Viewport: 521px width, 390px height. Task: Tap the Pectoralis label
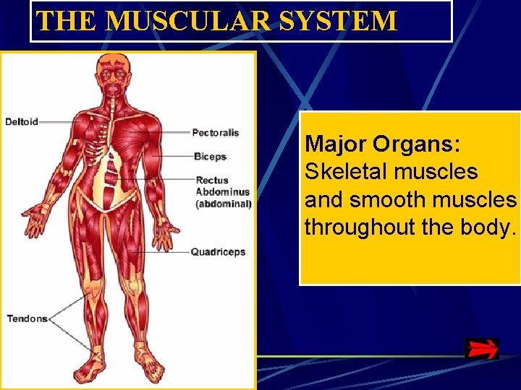pyautogui.click(x=215, y=132)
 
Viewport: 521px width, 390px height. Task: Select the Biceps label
pyautogui.click(x=210, y=156)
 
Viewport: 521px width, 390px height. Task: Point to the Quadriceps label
pyautogui.click(x=218, y=252)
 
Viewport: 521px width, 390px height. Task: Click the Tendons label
pyautogui.click(x=27, y=318)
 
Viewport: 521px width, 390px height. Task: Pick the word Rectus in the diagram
pyautogui.click(x=212, y=180)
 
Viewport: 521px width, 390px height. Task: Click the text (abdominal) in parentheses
pyautogui.click(x=224, y=204)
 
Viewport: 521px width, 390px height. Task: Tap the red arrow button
pyautogui.click(x=481, y=349)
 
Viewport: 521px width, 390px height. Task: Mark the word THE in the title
pyautogui.click(x=67, y=21)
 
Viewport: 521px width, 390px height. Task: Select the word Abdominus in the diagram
pyautogui.click(x=222, y=192)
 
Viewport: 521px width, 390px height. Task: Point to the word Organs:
pyautogui.click(x=417, y=144)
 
